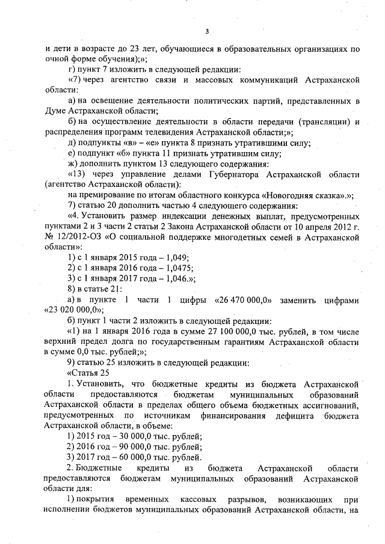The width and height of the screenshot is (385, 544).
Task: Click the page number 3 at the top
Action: pos(206,31)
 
